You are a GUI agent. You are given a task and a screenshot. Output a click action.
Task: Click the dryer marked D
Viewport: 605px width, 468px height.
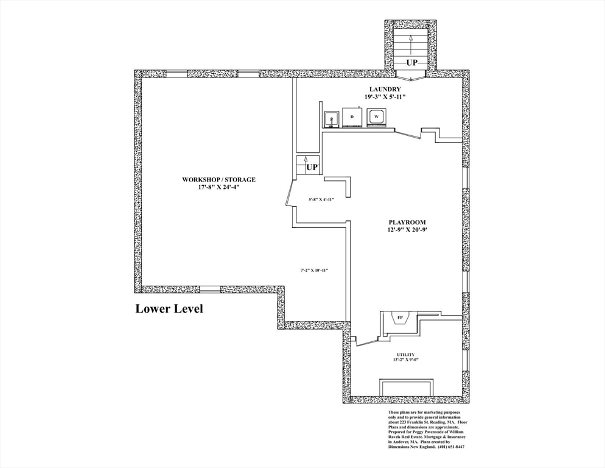tap(352, 116)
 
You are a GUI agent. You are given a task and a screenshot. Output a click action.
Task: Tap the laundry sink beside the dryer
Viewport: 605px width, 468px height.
tap(331, 119)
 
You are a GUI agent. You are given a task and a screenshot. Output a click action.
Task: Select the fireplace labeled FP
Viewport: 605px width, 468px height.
tap(400, 318)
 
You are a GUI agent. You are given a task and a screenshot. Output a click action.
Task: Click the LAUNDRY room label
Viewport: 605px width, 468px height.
tap(385, 89)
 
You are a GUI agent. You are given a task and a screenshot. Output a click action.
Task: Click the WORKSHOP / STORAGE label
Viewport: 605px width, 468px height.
tap(219, 180)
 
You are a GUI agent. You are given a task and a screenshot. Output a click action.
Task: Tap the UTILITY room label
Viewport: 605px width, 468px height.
tap(405, 355)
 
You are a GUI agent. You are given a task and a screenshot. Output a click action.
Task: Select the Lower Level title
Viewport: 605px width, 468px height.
tap(169, 309)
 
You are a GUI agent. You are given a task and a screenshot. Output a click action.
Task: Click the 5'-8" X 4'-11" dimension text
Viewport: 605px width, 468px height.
tap(321, 199)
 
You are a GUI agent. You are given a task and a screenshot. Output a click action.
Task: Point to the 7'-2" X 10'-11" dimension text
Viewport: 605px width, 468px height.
tap(313, 271)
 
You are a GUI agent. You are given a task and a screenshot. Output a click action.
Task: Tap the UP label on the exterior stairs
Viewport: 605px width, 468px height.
tap(411, 62)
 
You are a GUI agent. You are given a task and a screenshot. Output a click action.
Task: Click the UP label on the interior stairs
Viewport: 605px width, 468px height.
tap(312, 168)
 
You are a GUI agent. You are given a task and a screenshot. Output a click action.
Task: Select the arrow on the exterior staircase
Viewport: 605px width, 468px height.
tap(411, 45)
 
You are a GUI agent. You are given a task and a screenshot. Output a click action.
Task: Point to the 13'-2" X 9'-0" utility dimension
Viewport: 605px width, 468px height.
tap(405, 360)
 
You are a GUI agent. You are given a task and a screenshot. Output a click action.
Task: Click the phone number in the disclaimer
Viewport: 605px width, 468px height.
tap(450, 447)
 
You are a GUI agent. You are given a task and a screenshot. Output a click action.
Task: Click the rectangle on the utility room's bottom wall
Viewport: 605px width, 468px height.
tap(406, 388)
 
